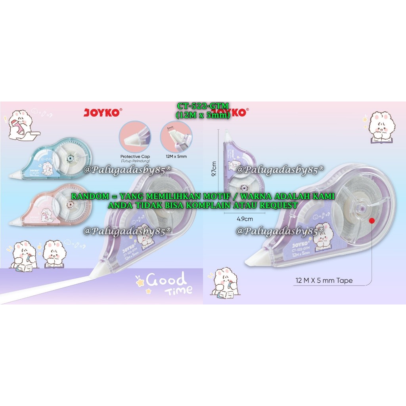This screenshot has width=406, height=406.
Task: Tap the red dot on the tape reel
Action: pos(372,220)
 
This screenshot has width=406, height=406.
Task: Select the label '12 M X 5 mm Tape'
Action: pos(324,281)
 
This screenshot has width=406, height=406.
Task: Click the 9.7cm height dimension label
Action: pos(214,169)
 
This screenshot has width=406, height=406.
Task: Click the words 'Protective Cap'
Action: pos(135,157)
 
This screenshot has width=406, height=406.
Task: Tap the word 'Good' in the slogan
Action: pos(166,281)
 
